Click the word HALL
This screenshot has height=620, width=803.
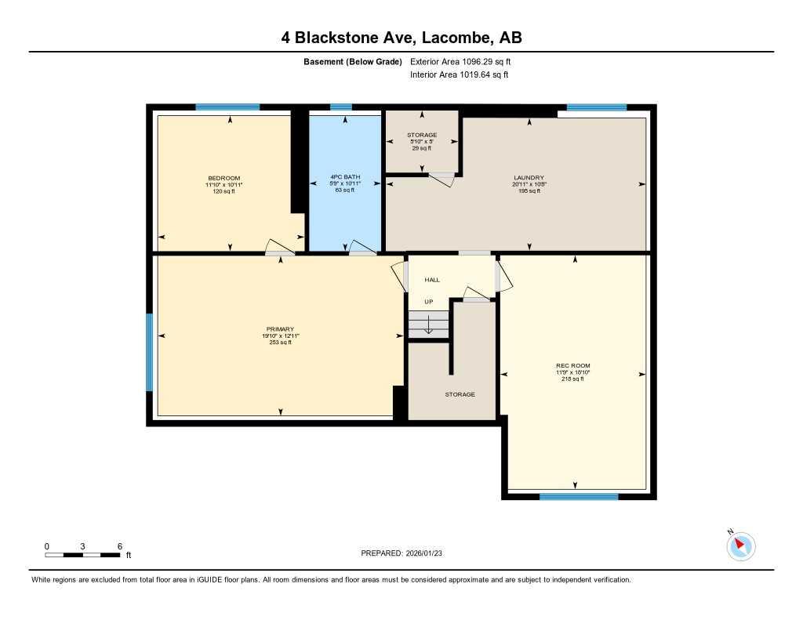(x=432, y=280)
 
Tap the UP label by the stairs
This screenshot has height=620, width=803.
(x=429, y=302)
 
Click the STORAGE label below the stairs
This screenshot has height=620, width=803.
(x=460, y=394)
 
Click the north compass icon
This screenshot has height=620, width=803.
(x=740, y=546)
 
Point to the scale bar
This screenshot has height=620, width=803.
(x=82, y=555)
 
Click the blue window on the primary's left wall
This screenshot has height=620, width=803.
(x=149, y=352)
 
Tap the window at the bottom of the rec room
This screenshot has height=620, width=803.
(x=578, y=496)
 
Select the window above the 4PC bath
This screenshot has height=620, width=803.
(x=341, y=107)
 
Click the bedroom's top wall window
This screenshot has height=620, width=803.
(x=227, y=107)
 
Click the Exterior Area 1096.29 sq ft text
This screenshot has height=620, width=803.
(x=460, y=62)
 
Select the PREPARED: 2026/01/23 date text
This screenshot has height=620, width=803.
(x=407, y=553)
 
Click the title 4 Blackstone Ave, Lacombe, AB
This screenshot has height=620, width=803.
(x=401, y=37)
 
